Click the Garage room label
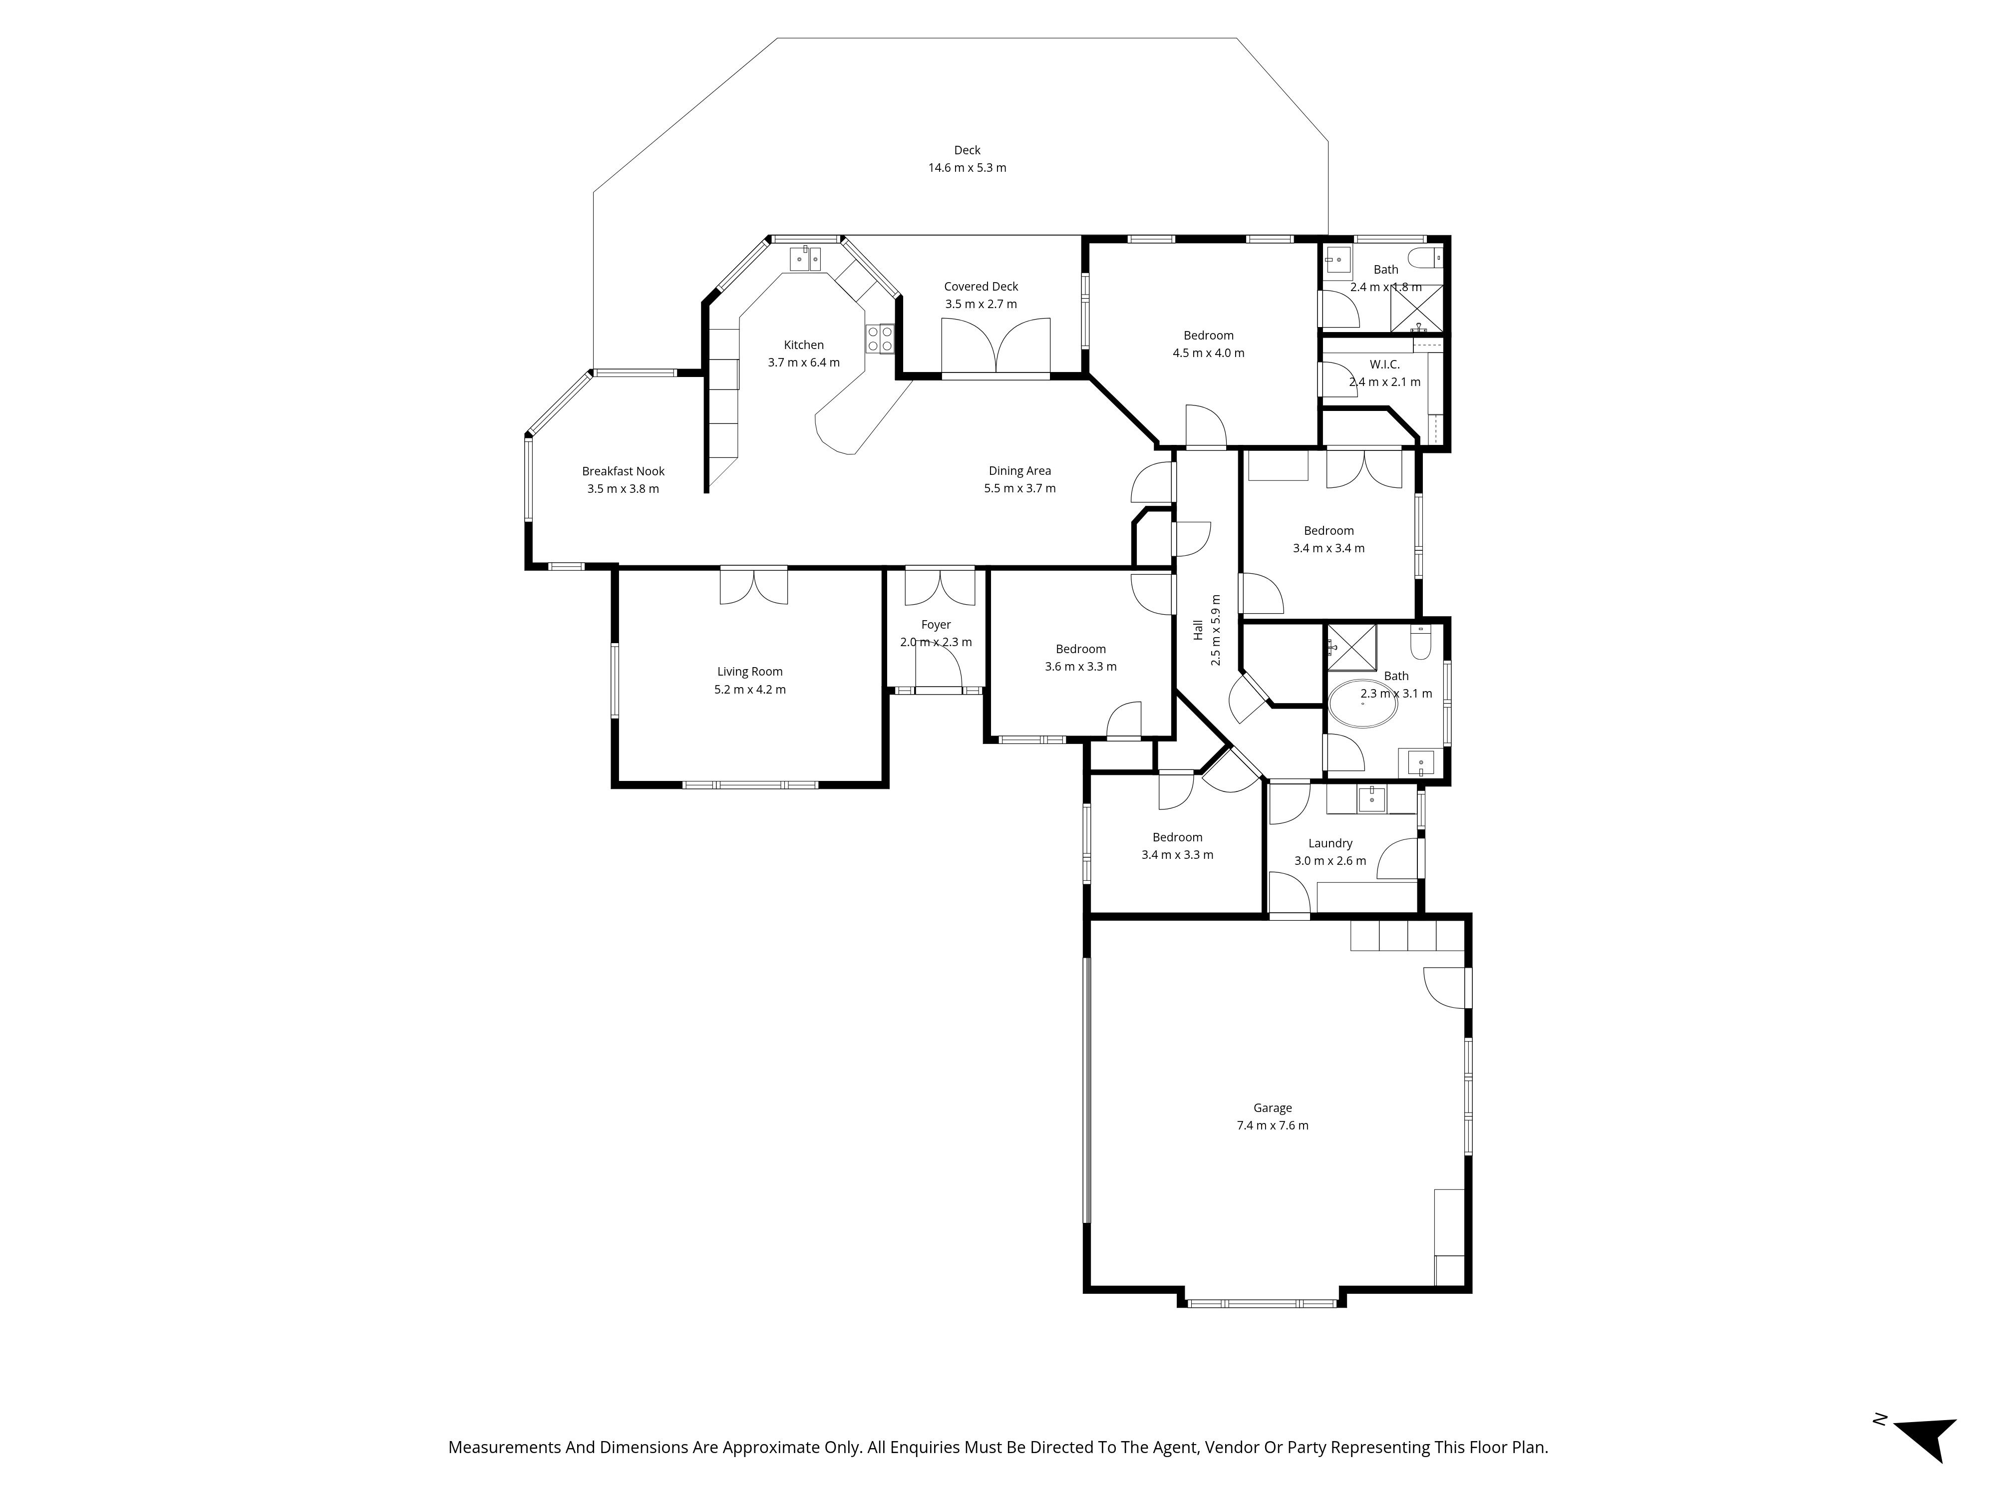(x=1272, y=1108)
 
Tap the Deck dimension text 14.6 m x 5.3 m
(x=967, y=168)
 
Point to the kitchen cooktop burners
(x=880, y=339)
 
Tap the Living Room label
(x=750, y=672)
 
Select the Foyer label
(x=936, y=625)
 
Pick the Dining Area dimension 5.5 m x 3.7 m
(x=1020, y=488)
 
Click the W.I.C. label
(x=1385, y=365)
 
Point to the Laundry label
(x=1331, y=843)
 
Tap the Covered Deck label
(x=982, y=286)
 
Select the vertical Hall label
(x=1198, y=630)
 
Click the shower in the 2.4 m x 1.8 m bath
(x=1416, y=308)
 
